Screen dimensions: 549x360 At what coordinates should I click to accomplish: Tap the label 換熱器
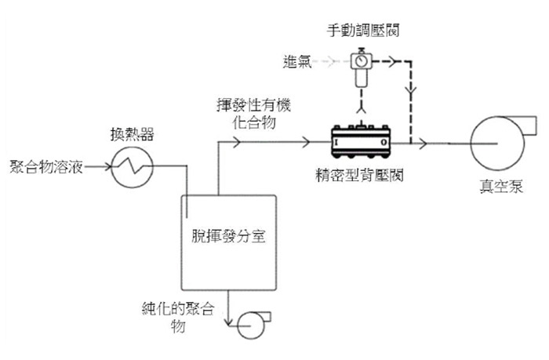(x=132, y=134)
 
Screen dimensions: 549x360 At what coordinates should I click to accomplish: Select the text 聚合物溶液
(x=46, y=167)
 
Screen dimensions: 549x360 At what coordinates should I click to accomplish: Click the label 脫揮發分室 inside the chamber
(x=228, y=236)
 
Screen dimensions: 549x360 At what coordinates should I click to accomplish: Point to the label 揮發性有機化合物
(x=253, y=114)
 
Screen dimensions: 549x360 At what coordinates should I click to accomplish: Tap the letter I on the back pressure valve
(x=336, y=142)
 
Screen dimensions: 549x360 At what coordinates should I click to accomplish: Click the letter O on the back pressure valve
(x=384, y=142)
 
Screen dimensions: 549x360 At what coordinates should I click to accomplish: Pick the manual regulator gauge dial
(x=361, y=61)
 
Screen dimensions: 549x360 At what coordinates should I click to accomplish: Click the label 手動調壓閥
(x=363, y=31)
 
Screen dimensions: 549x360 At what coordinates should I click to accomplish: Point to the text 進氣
(x=297, y=62)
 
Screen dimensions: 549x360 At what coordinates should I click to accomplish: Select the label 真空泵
(x=501, y=186)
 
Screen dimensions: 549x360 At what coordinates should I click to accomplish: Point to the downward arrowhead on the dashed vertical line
(x=411, y=90)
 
